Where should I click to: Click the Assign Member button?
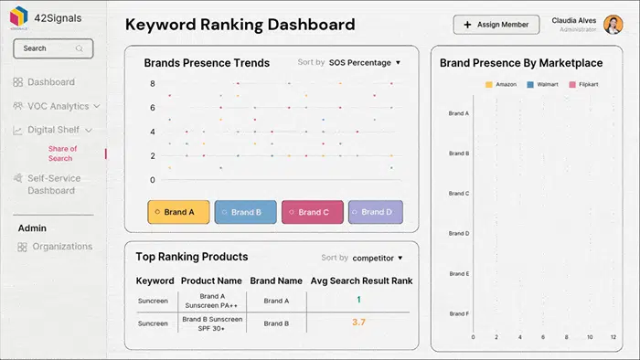[x=496, y=25]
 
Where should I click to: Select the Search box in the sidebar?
[x=53, y=48]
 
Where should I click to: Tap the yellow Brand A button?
[x=178, y=212]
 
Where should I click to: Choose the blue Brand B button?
[x=245, y=212]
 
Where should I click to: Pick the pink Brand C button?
[x=312, y=212]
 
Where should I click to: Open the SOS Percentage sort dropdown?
[x=365, y=63]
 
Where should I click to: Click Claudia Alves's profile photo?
[x=613, y=25]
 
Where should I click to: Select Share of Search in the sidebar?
[x=61, y=153]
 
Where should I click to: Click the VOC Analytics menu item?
[x=58, y=106]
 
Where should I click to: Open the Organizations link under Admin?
[x=61, y=247]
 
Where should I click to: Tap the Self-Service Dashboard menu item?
[x=53, y=185]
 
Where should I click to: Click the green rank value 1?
[x=358, y=300]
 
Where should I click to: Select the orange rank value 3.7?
[x=358, y=323]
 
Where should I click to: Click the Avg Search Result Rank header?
[x=360, y=281]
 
